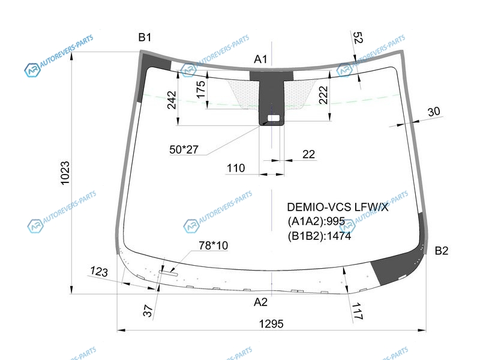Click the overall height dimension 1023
65,173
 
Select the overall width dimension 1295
271,323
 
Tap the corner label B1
145,37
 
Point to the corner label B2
442,251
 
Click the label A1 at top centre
260,59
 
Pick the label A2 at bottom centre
260,302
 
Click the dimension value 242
172,100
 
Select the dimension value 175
200,89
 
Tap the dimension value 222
323,95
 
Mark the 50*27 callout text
184,149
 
